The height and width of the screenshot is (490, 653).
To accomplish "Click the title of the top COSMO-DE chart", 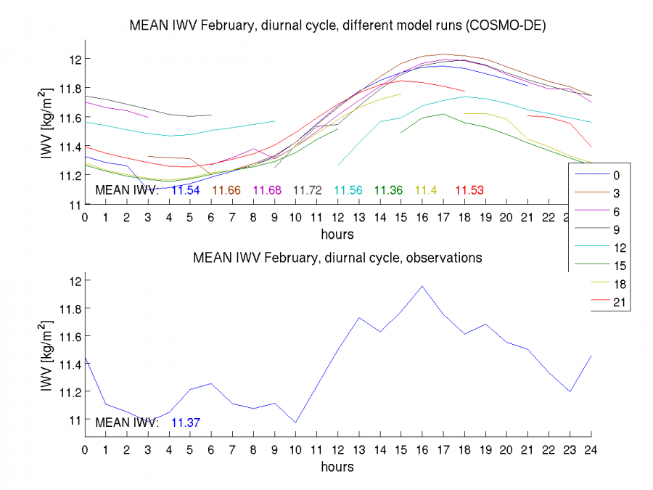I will coord(337,24).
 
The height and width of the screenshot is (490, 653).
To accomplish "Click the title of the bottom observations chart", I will coord(337,258).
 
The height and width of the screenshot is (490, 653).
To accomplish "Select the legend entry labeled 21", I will coord(616,302).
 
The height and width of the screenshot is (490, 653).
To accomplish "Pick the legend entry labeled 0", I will coord(616,175).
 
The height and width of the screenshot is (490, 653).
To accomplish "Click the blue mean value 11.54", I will coord(185,190).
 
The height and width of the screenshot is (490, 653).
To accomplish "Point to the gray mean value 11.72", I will coord(308,190).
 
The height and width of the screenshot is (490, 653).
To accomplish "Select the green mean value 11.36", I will coord(388,190).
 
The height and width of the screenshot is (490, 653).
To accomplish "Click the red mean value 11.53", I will coord(469,190).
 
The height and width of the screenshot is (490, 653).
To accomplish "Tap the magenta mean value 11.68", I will coord(267,190).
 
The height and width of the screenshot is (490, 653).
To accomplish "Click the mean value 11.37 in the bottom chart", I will coord(185,422).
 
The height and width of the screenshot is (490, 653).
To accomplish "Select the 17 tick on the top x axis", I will coord(443,216).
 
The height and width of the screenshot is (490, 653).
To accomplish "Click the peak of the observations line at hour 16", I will coord(422,286).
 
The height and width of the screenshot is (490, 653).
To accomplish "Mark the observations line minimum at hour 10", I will coord(296,422).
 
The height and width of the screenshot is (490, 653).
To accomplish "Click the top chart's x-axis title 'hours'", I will coord(337,234).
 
